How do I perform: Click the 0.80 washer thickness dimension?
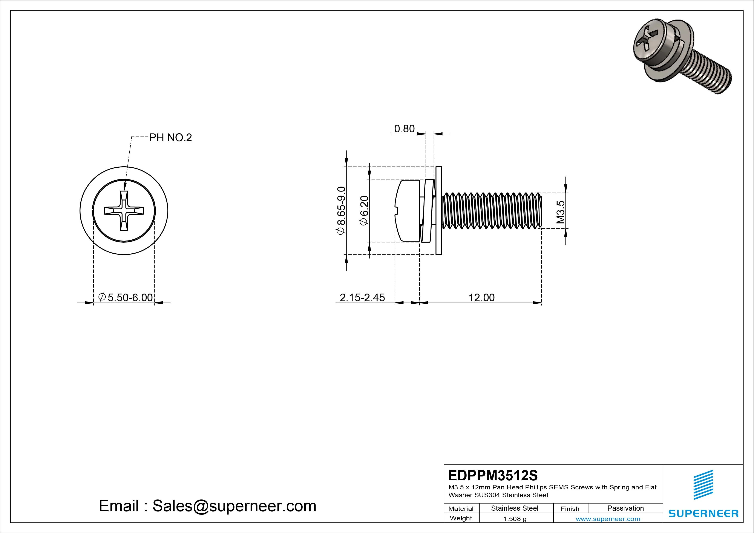[x=404, y=129]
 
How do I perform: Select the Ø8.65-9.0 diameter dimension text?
[x=341, y=210]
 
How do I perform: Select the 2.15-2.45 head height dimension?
[x=362, y=297]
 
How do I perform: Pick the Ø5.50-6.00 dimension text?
[x=126, y=297]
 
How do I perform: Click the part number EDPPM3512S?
[x=493, y=475]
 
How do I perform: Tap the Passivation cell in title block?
[x=625, y=508]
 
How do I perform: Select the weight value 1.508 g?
[x=515, y=519]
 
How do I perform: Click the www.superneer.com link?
[x=608, y=519]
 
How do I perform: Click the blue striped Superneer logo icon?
[x=703, y=484]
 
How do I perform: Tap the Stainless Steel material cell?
[x=515, y=508]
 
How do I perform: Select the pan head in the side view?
[x=407, y=210]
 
